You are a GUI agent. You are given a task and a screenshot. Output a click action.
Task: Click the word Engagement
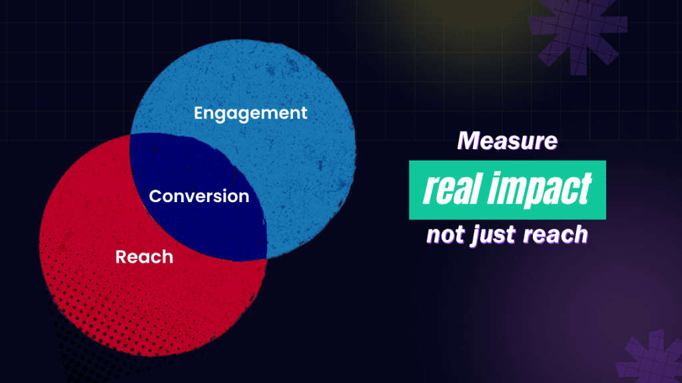click(250, 114)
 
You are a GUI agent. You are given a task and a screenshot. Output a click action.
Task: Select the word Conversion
click(199, 196)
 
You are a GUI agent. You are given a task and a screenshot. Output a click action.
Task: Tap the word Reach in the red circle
click(145, 257)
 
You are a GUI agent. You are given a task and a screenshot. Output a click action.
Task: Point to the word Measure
click(507, 141)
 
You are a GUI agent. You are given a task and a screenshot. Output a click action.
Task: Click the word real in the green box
click(453, 189)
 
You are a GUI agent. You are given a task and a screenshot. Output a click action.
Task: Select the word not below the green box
click(446, 235)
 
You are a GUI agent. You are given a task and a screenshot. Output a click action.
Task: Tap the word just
click(494, 235)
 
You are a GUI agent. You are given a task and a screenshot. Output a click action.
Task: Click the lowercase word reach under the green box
click(555, 235)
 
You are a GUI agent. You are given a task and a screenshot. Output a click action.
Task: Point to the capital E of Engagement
click(199, 113)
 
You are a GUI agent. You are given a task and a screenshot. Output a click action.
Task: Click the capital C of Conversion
click(156, 196)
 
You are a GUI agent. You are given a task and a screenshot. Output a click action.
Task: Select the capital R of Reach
click(121, 257)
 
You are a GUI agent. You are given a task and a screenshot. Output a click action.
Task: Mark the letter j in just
click(476, 237)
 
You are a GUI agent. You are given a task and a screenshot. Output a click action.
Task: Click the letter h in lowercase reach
click(579, 234)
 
